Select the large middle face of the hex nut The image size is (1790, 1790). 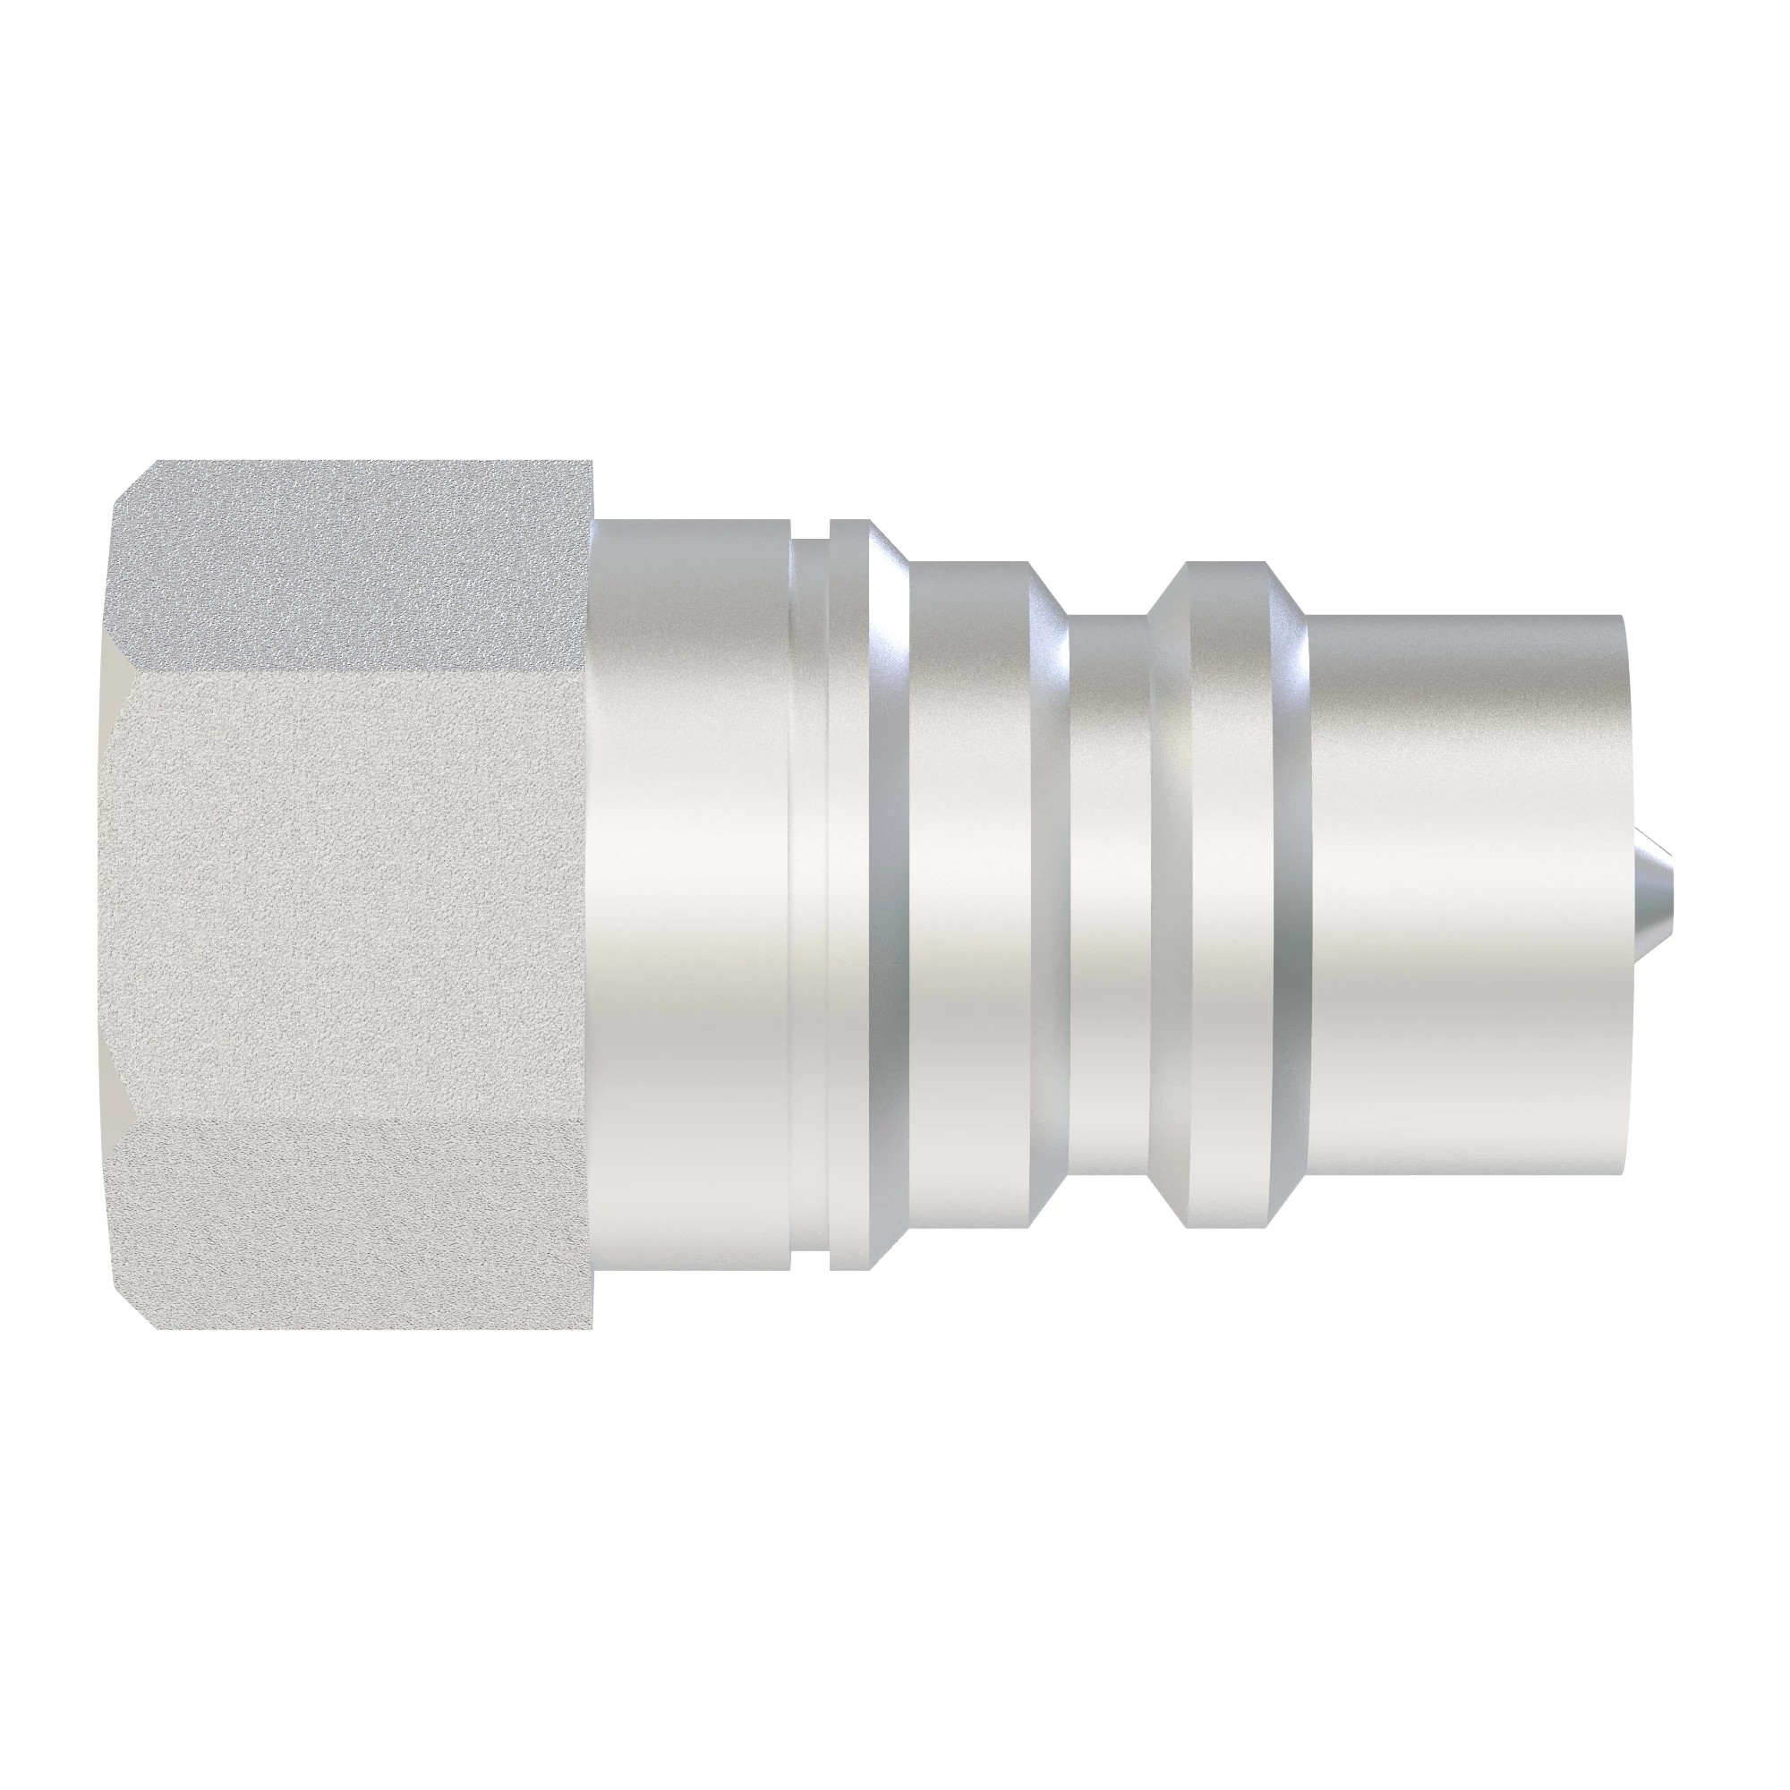pos(352,894)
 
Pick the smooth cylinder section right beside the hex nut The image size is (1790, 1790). pos(690,894)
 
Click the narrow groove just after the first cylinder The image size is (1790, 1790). pos(809,894)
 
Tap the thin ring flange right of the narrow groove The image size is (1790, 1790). pos(848,894)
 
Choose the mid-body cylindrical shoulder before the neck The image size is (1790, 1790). pos(968,894)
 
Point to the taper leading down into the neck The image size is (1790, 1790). pos(1049,894)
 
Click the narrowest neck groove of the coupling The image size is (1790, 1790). pos(1108,894)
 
